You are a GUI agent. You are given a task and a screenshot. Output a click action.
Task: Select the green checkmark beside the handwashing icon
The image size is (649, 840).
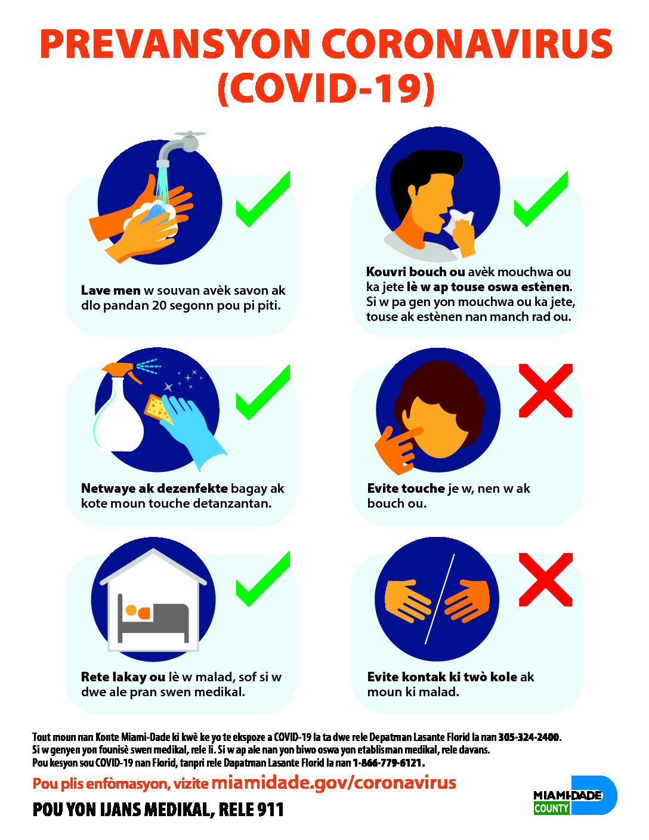(x=263, y=199)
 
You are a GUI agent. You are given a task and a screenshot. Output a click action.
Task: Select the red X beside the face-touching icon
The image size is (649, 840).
(x=545, y=390)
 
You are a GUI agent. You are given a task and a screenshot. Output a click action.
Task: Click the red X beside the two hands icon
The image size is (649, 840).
(x=545, y=579)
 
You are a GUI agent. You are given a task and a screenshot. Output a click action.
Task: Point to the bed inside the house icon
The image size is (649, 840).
(x=153, y=621)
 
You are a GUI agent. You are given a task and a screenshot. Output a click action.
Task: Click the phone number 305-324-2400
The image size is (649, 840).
(x=529, y=737)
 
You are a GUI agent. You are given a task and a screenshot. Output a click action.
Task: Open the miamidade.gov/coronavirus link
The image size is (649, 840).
(x=334, y=782)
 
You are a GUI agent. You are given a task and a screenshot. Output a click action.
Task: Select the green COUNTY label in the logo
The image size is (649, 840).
(x=551, y=808)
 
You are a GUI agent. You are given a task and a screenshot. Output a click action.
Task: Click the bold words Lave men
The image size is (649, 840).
(x=110, y=290)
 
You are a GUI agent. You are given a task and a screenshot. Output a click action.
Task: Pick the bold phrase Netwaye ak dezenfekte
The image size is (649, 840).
(x=154, y=488)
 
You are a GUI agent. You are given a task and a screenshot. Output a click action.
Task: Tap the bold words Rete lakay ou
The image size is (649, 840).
(x=123, y=677)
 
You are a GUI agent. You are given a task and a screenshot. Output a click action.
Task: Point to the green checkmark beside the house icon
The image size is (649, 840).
(x=263, y=579)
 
